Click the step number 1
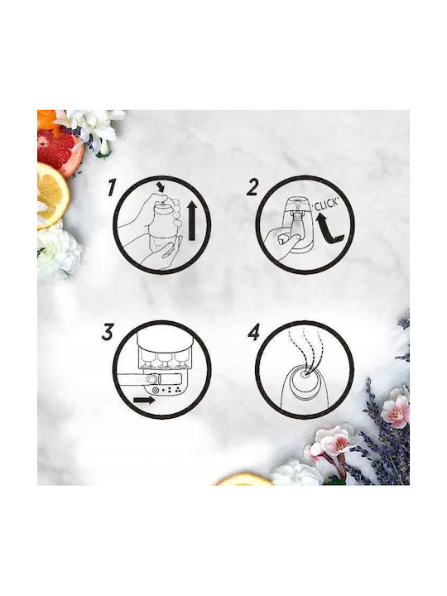click(111, 188)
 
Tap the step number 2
click(252, 187)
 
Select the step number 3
click(108, 331)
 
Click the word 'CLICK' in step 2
click(325, 205)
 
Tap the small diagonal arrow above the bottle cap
click(161, 187)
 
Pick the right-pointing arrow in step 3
click(144, 401)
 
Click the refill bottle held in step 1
click(162, 227)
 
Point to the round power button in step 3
click(156, 391)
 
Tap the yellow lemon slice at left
click(52, 195)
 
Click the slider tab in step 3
click(152, 379)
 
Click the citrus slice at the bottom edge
click(244, 479)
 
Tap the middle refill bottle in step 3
click(164, 361)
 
